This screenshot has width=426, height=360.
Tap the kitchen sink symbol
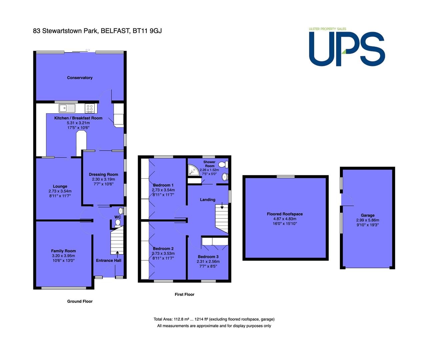pos(67,108)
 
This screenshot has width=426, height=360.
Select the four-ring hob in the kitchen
pos(90,108)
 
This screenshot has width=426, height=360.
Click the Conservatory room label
pos(80,78)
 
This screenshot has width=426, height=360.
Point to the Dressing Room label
pos(103,174)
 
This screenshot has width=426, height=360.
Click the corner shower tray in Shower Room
pos(193,170)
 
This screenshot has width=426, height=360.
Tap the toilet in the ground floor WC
pos(118,223)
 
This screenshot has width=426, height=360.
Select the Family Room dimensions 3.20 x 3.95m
pos(63,256)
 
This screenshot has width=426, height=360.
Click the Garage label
pos(368,215)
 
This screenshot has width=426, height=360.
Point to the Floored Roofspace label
pos(285,214)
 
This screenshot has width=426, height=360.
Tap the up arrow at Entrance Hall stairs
pos(117,253)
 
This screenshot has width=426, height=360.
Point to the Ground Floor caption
pos(80,301)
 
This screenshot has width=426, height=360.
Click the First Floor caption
pos(184,294)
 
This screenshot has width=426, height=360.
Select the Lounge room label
pos(60,186)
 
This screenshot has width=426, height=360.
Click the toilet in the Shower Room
pos(223,164)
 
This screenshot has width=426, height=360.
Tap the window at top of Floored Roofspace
pos(286,177)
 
